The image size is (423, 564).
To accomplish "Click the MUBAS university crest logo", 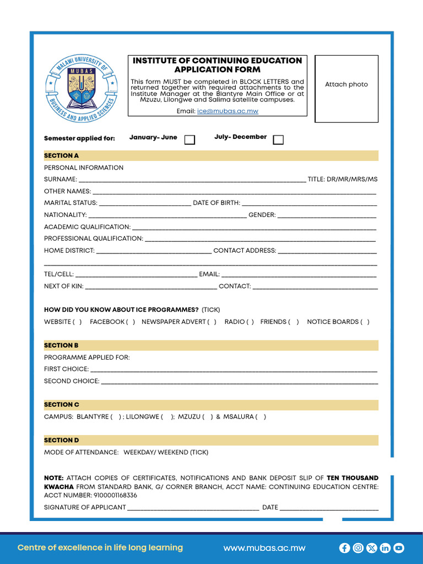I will point(81,88).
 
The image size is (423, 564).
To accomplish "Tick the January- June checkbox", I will point(189,140).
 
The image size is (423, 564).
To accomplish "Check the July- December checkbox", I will point(278,140).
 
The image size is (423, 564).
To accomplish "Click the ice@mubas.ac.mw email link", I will point(227,111).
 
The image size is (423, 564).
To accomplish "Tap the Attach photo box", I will point(346,88).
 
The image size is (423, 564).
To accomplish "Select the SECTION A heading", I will point(62,156).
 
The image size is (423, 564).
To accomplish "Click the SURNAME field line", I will point(192,180).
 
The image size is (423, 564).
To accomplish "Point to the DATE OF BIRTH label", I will point(216,203).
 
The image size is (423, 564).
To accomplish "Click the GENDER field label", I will point(262,215).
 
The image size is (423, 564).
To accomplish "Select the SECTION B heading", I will point(62,345).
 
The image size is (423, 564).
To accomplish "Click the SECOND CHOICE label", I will point(72,381).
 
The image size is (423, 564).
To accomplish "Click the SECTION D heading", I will point(62,440).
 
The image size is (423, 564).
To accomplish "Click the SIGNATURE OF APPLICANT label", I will point(85,507).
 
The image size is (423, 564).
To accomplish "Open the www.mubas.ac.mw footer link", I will point(264,548).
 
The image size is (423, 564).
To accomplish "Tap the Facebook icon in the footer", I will point(345,548).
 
